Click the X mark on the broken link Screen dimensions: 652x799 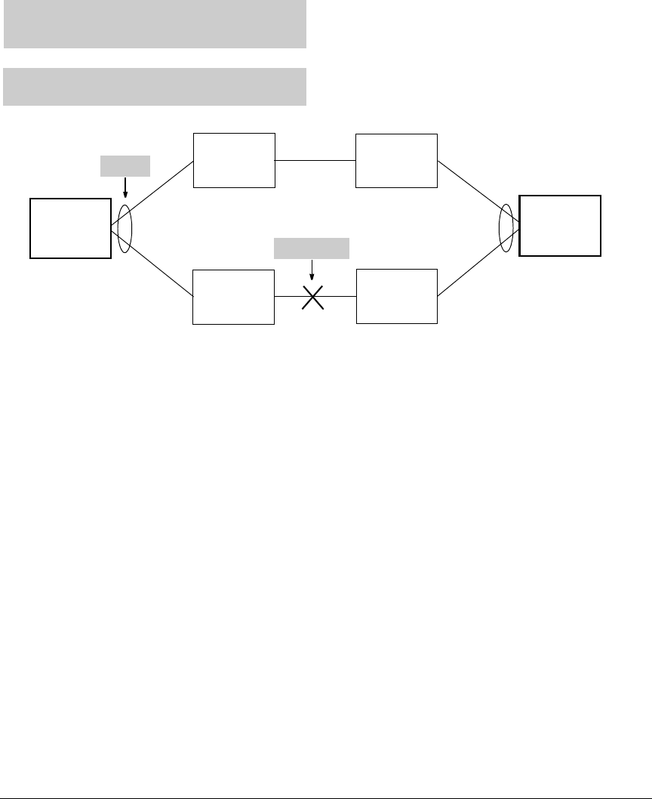(x=312, y=297)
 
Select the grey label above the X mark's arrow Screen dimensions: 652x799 (x=312, y=248)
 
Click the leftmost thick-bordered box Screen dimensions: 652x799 (x=70, y=228)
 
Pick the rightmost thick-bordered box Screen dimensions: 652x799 (x=560, y=226)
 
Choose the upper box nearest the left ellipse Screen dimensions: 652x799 (x=234, y=160)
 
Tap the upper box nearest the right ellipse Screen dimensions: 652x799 (x=396, y=160)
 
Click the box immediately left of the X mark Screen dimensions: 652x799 (x=233, y=297)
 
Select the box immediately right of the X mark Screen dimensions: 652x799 (x=396, y=296)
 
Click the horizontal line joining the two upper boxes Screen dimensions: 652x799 (x=315, y=160)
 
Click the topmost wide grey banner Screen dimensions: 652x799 (x=155, y=24)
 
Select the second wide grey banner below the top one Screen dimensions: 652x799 (x=155, y=87)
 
